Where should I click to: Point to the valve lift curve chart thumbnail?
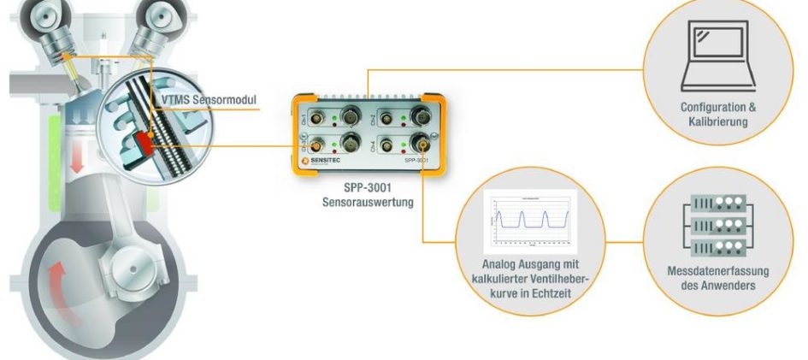pos(530,221)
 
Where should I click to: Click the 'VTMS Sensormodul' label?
pos(208,101)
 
